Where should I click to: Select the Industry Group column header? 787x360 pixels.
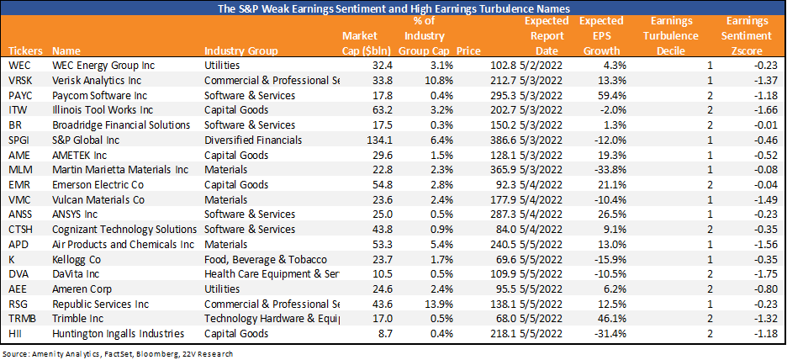click(236, 51)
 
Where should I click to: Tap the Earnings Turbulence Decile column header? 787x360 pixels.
click(672, 36)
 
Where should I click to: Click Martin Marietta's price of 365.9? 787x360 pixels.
click(493, 170)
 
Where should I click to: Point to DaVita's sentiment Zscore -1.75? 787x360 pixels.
click(760, 274)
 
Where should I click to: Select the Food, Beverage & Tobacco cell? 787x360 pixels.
click(266, 259)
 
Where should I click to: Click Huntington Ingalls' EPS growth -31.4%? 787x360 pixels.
click(612, 334)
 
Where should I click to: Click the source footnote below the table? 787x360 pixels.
click(119, 353)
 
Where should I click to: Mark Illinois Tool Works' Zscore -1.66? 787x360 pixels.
click(760, 110)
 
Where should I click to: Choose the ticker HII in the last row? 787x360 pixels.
click(16, 334)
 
